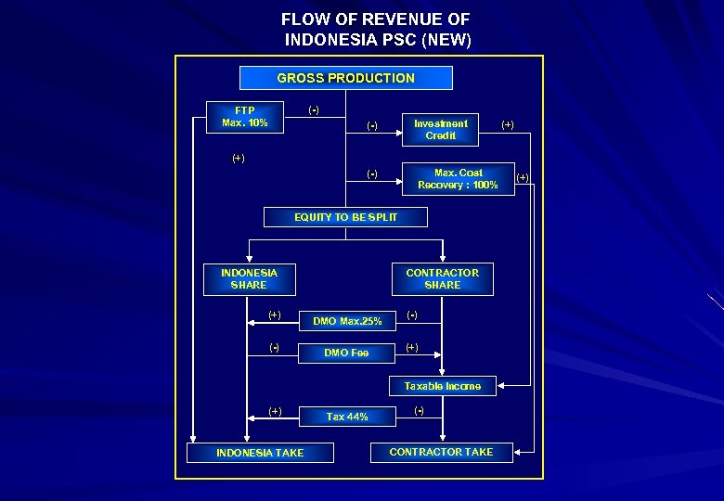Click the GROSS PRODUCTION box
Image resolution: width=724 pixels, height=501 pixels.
point(345,78)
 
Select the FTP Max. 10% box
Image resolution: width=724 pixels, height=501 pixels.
point(245,117)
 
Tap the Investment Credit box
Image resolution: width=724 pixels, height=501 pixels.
point(440,130)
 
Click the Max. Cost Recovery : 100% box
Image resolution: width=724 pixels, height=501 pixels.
point(458,179)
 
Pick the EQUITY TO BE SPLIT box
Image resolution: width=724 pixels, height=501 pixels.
point(345,217)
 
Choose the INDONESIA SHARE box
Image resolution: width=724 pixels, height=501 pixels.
point(249,279)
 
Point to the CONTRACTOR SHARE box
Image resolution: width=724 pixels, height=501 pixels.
point(442,279)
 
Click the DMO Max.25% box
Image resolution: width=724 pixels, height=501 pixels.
point(347,321)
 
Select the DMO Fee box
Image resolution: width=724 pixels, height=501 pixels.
point(346,353)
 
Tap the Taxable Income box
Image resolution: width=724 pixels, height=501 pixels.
point(442,386)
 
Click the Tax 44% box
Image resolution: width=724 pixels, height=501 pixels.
point(347,417)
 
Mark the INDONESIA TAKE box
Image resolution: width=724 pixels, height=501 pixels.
point(260,453)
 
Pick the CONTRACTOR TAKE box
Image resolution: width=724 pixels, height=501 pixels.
point(441,452)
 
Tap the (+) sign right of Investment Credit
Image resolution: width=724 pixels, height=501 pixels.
point(508,123)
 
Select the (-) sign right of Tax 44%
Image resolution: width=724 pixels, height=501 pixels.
point(420,410)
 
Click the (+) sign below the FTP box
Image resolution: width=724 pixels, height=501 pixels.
point(239,158)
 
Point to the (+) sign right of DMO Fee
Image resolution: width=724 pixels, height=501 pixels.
point(412,348)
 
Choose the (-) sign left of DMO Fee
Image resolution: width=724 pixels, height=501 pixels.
point(275,348)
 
